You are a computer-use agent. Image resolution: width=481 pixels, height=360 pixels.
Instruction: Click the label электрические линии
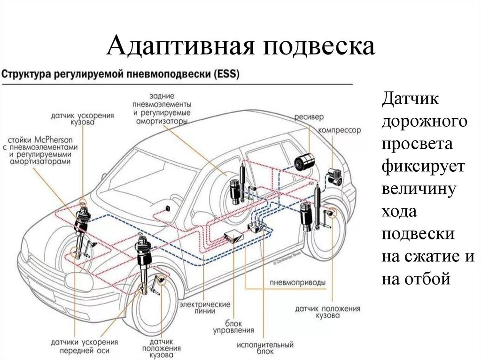[204, 307]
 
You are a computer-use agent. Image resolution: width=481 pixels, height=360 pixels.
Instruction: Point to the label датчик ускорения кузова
[83, 118]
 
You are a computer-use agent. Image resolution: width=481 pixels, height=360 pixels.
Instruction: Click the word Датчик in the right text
[410, 100]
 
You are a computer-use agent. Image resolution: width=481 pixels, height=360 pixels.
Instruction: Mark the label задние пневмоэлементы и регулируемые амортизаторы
[161, 108]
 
